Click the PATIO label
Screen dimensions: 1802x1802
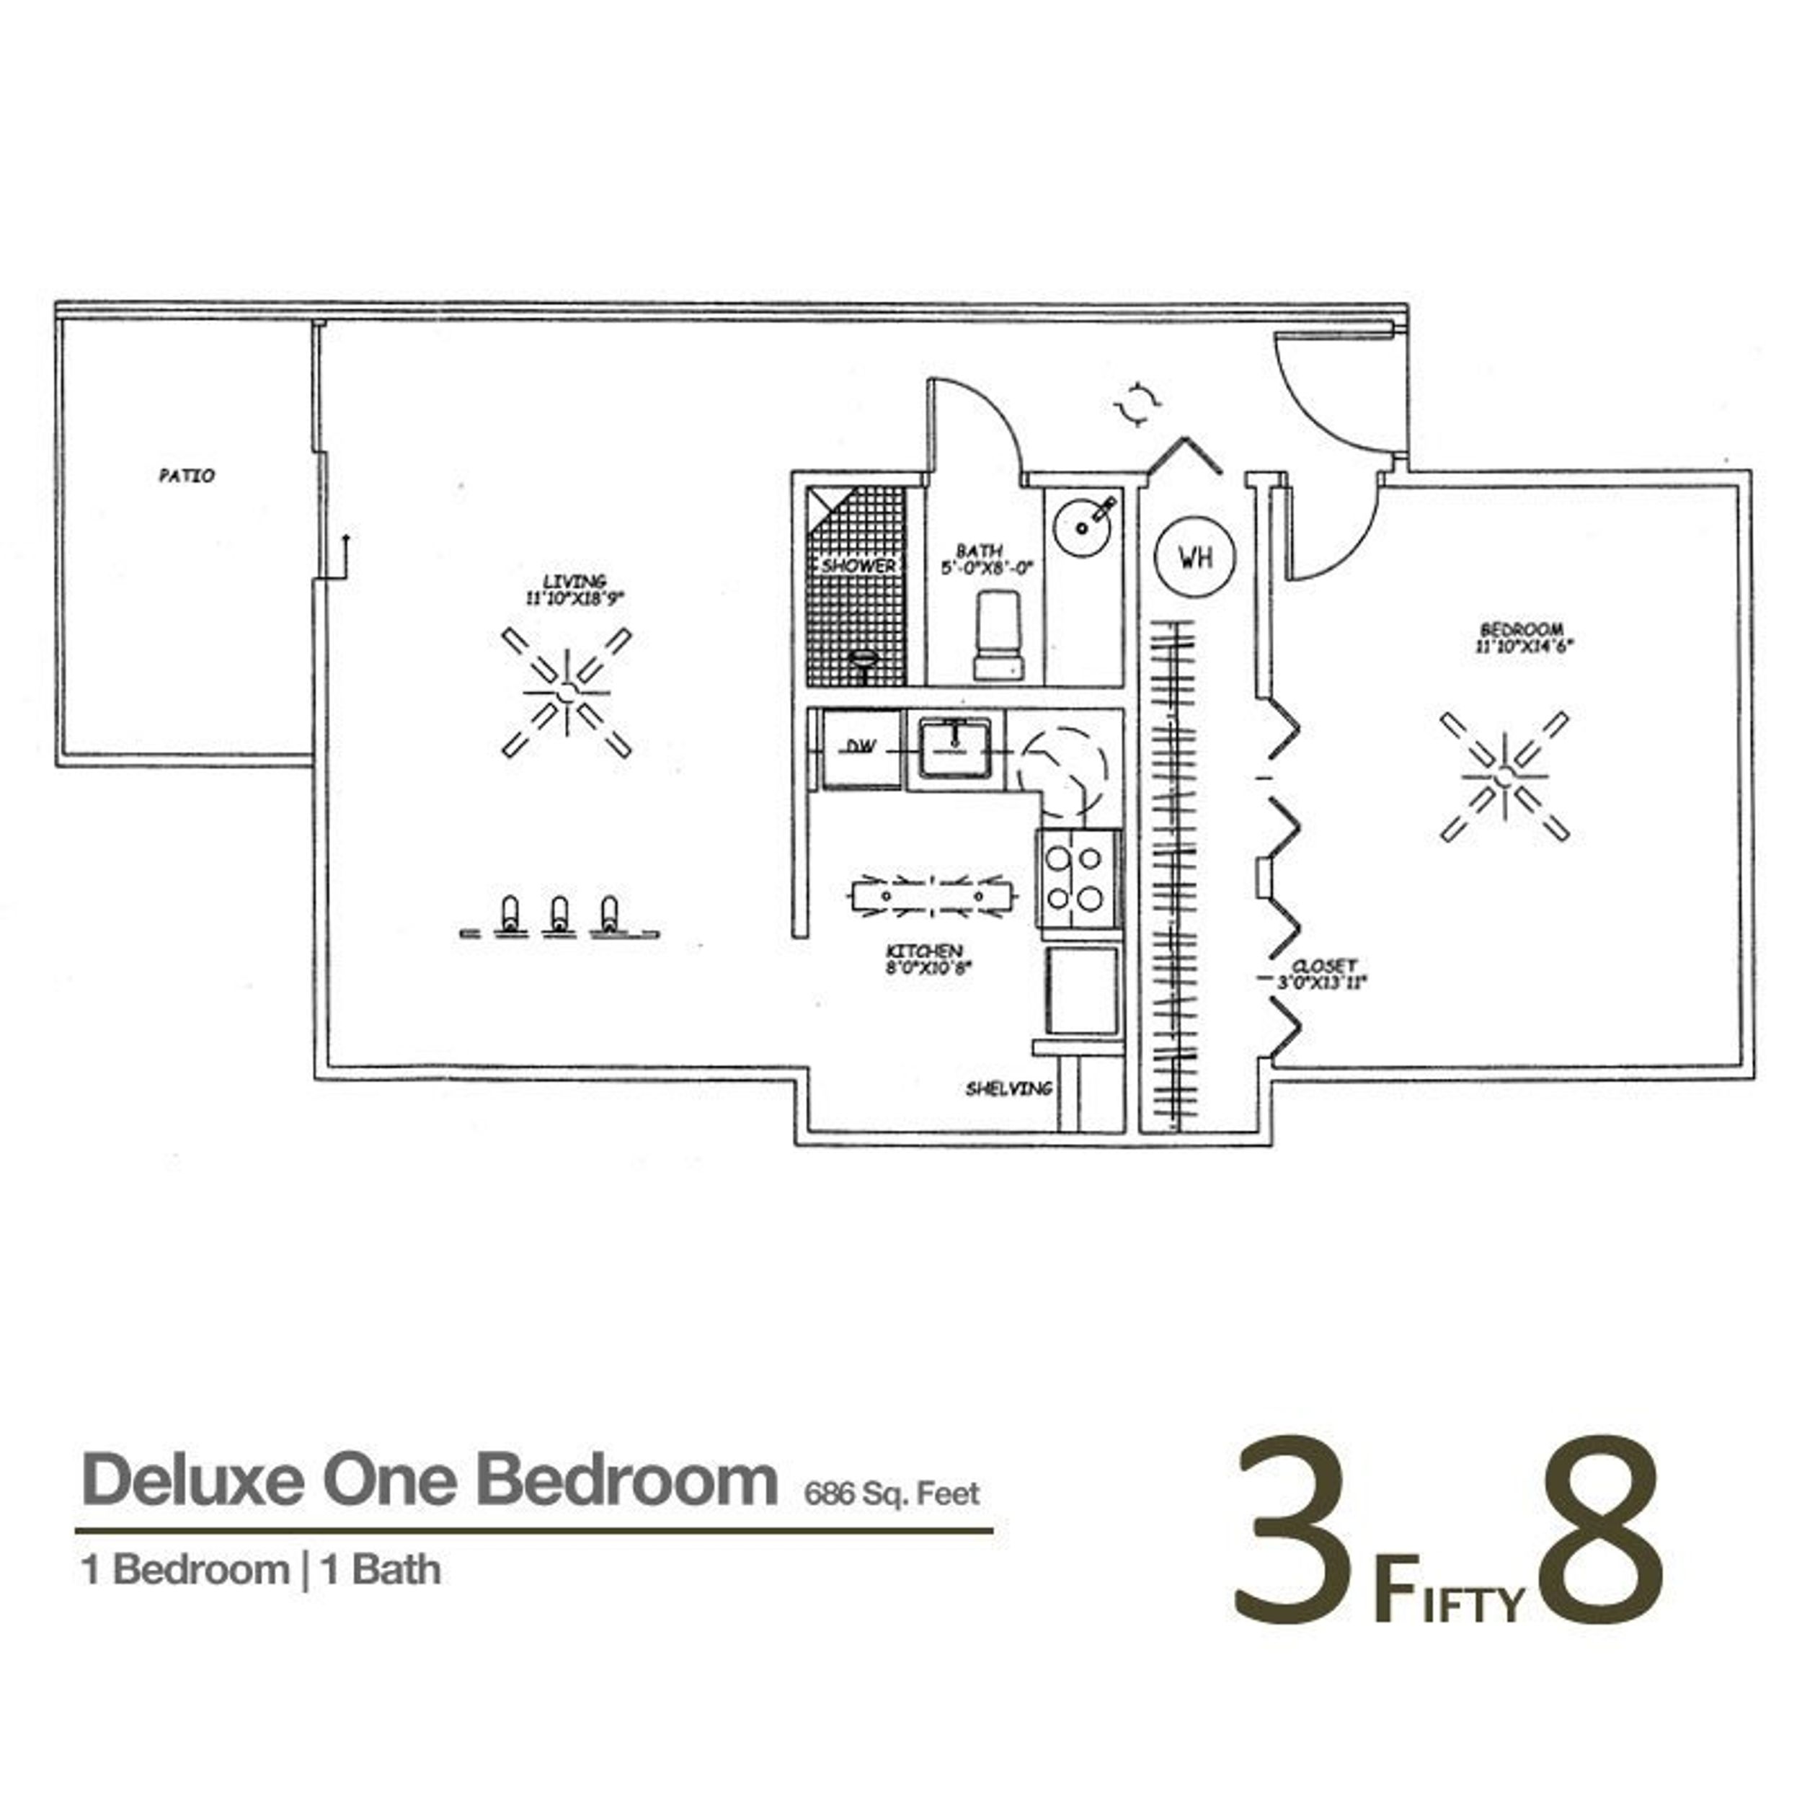187,476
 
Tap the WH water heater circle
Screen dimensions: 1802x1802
1196,557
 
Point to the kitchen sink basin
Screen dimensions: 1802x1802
955,745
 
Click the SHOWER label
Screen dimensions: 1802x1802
857,565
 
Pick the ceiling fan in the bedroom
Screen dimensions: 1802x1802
1504,776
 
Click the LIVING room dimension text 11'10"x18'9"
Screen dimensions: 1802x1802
574,599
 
